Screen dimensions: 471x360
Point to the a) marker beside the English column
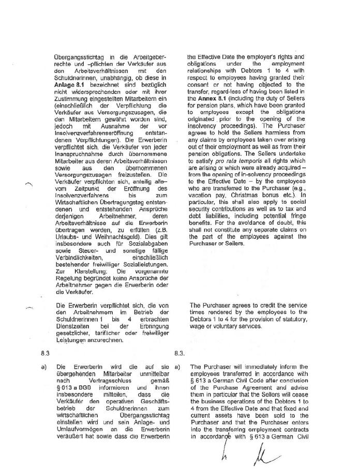coord(177,368)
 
